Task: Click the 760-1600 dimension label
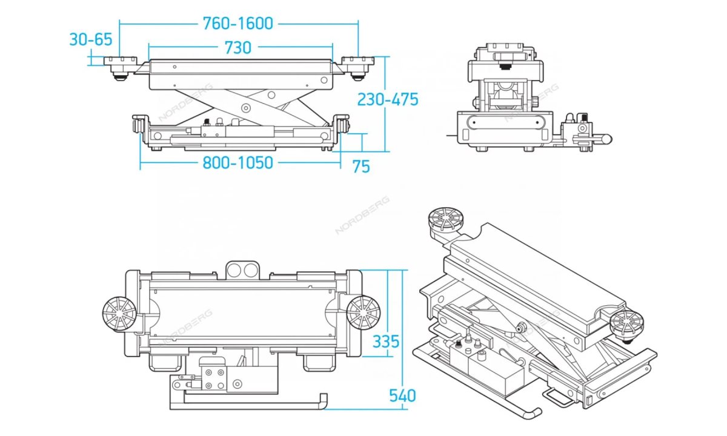237,24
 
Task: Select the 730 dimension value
238,47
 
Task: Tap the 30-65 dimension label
91,40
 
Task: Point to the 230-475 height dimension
388,99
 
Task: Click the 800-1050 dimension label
237,162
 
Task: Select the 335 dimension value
386,342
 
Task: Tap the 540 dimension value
402,396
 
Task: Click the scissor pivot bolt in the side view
245,108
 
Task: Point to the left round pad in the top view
118,314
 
